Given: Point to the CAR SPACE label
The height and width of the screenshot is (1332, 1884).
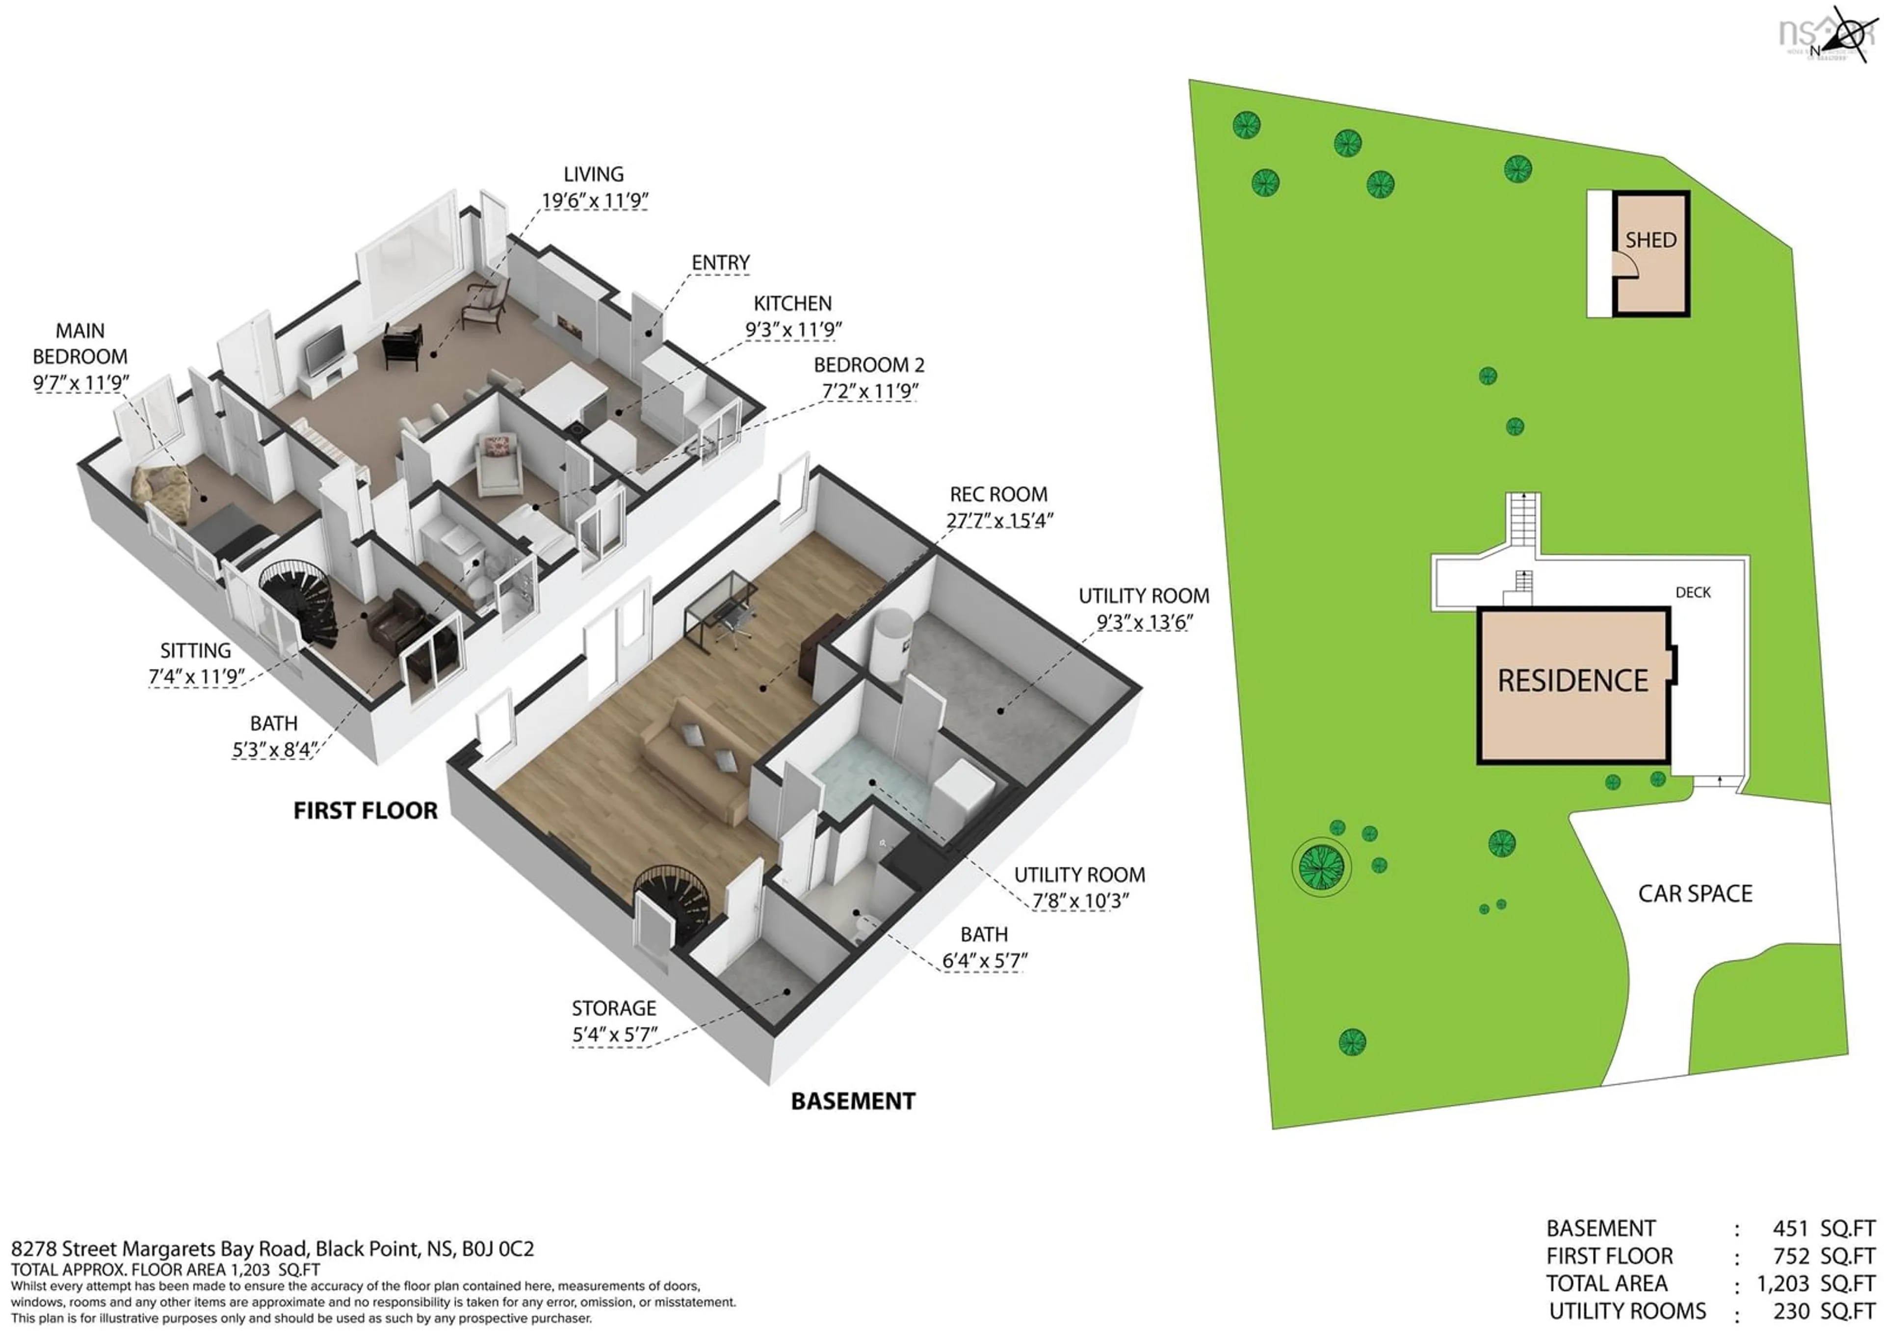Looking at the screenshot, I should click(1695, 894).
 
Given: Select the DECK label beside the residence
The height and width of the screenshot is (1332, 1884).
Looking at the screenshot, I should click(1693, 592).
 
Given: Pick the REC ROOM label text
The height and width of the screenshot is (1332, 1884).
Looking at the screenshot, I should click(998, 495).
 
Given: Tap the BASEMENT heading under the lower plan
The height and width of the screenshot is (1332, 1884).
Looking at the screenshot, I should click(853, 1101).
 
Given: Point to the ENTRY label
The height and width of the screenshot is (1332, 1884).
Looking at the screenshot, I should click(720, 263).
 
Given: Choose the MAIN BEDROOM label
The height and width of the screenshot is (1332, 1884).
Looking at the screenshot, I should click(79, 344).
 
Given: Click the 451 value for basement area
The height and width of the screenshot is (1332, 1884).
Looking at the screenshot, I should click(1790, 1228).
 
